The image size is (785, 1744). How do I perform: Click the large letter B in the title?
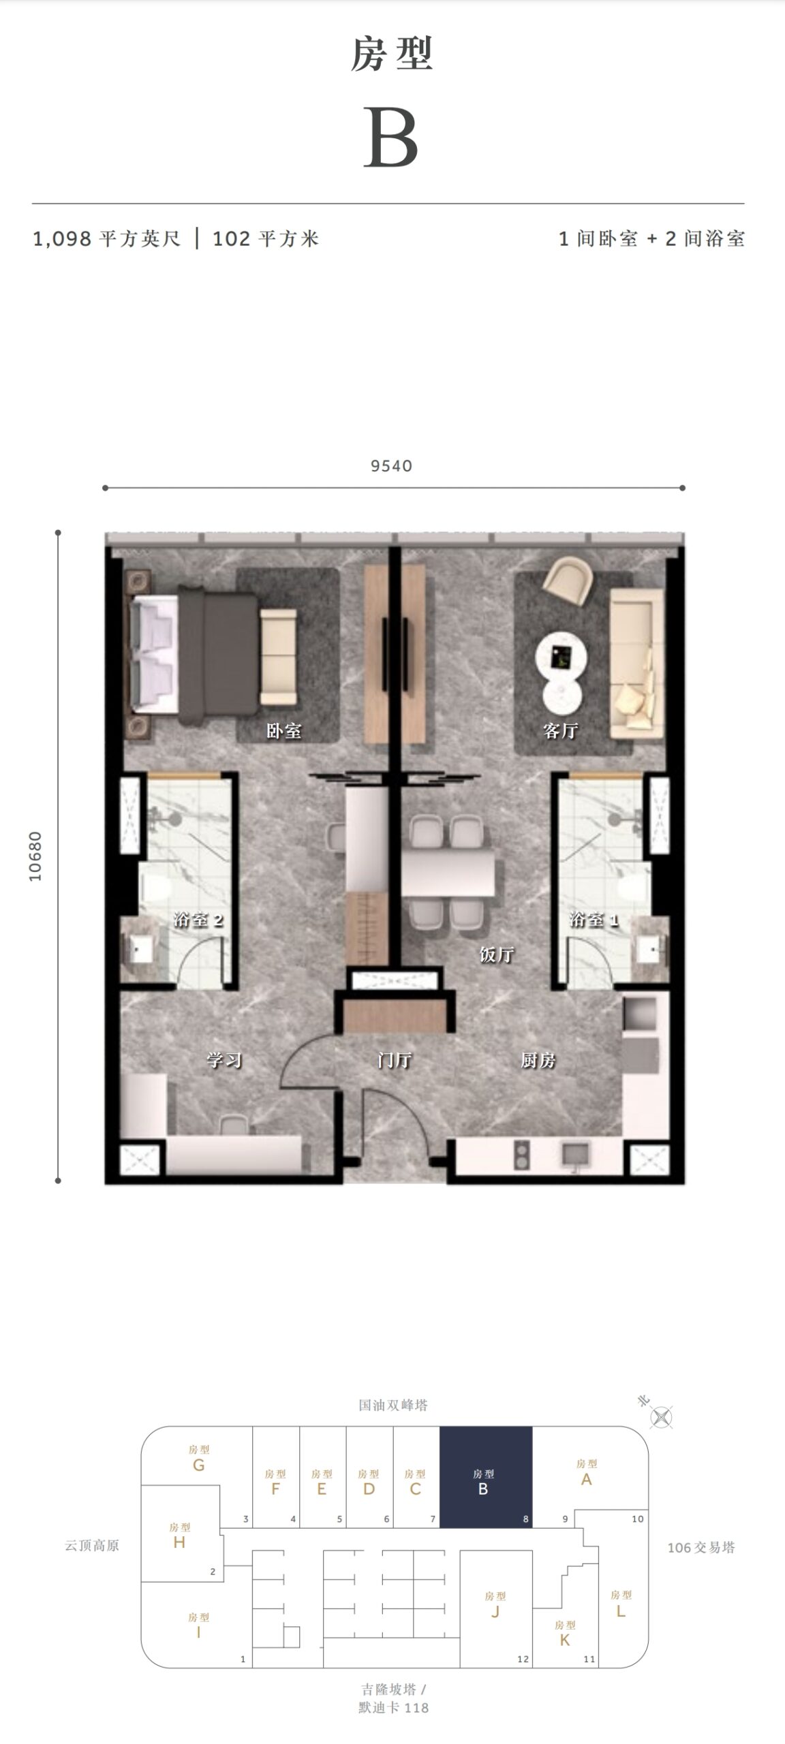(x=390, y=137)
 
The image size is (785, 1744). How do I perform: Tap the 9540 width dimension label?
(x=392, y=466)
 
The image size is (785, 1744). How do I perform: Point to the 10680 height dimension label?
(x=35, y=856)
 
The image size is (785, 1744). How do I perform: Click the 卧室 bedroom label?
(x=283, y=731)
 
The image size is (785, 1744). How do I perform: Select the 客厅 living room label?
(x=561, y=731)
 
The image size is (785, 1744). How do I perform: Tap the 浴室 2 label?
(x=198, y=920)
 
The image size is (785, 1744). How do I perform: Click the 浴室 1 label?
(x=594, y=920)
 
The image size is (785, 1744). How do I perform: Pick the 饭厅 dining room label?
(x=496, y=954)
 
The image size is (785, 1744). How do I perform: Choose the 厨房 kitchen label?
(x=538, y=1060)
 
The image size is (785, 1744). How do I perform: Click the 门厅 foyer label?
(x=395, y=1060)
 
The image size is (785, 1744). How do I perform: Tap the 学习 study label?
(x=224, y=1060)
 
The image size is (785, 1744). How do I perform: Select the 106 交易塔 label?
(x=701, y=1547)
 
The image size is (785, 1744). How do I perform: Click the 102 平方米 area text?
(x=266, y=239)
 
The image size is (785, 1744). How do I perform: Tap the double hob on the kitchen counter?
(x=522, y=1153)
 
